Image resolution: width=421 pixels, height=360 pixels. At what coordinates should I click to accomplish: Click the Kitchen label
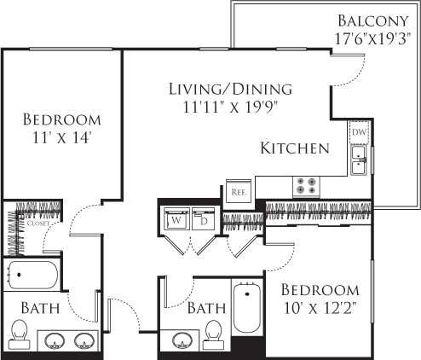[x=295, y=148]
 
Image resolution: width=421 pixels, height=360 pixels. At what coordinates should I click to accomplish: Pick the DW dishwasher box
[x=359, y=134]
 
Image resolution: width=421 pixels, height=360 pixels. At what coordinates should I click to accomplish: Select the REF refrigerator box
[x=237, y=192]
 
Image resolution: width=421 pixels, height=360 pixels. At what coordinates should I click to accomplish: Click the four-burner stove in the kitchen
[x=306, y=185]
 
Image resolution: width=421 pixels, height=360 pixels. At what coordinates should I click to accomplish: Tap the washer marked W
[x=176, y=219]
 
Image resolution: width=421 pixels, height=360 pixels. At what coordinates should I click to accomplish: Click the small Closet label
[x=31, y=224]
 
